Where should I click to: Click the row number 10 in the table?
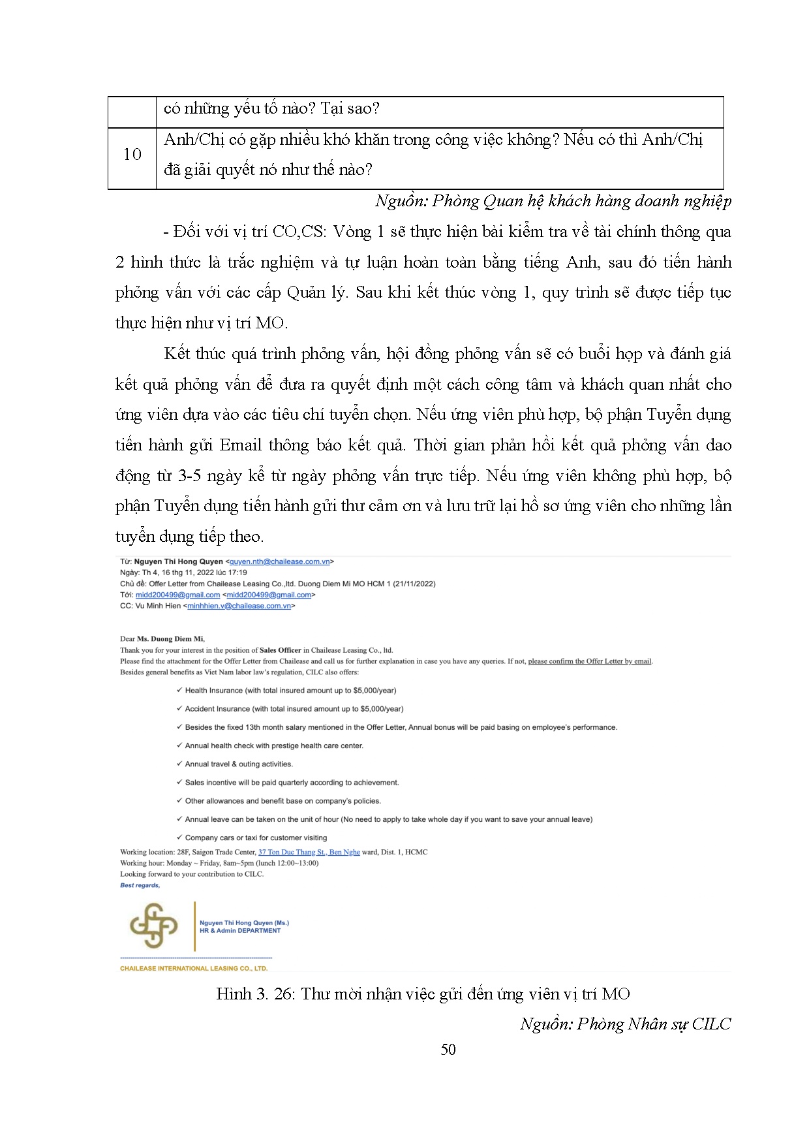pyautogui.click(x=132, y=155)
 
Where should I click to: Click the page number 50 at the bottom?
pyautogui.click(x=448, y=1049)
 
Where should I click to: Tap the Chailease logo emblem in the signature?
pyautogui.click(x=153, y=925)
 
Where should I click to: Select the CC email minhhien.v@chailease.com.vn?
pyautogui.click(x=239, y=606)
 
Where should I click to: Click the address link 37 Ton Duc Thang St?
pyautogui.click(x=292, y=852)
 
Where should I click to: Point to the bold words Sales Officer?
pyautogui.click(x=281, y=650)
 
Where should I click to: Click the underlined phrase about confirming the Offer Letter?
pyautogui.click(x=590, y=661)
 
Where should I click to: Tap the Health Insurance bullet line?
pyautogui.click(x=290, y=690)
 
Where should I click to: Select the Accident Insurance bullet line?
pyautogui.click(x=294, y=708)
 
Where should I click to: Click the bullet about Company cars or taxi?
pyautogui.click(x=256, y=838)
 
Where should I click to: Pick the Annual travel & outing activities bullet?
pyautogui.click(x=239, y=764)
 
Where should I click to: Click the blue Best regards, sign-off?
pyautogui.click(x=140, y=885)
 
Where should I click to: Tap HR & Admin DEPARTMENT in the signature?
pyautogui.click(x=240, y=931)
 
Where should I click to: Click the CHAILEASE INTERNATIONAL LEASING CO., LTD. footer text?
pyautogui.click(x=194, y=968)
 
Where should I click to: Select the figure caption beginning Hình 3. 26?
pyautogui.click(x=423, y=994)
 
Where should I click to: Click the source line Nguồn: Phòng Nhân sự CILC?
pyautogui.click(x=625, y=1024)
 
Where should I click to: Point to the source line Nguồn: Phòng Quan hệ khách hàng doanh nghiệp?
pyautogui.click(x=553, y=201)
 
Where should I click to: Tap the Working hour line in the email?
pyautogui.click(x=219, y=863)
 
